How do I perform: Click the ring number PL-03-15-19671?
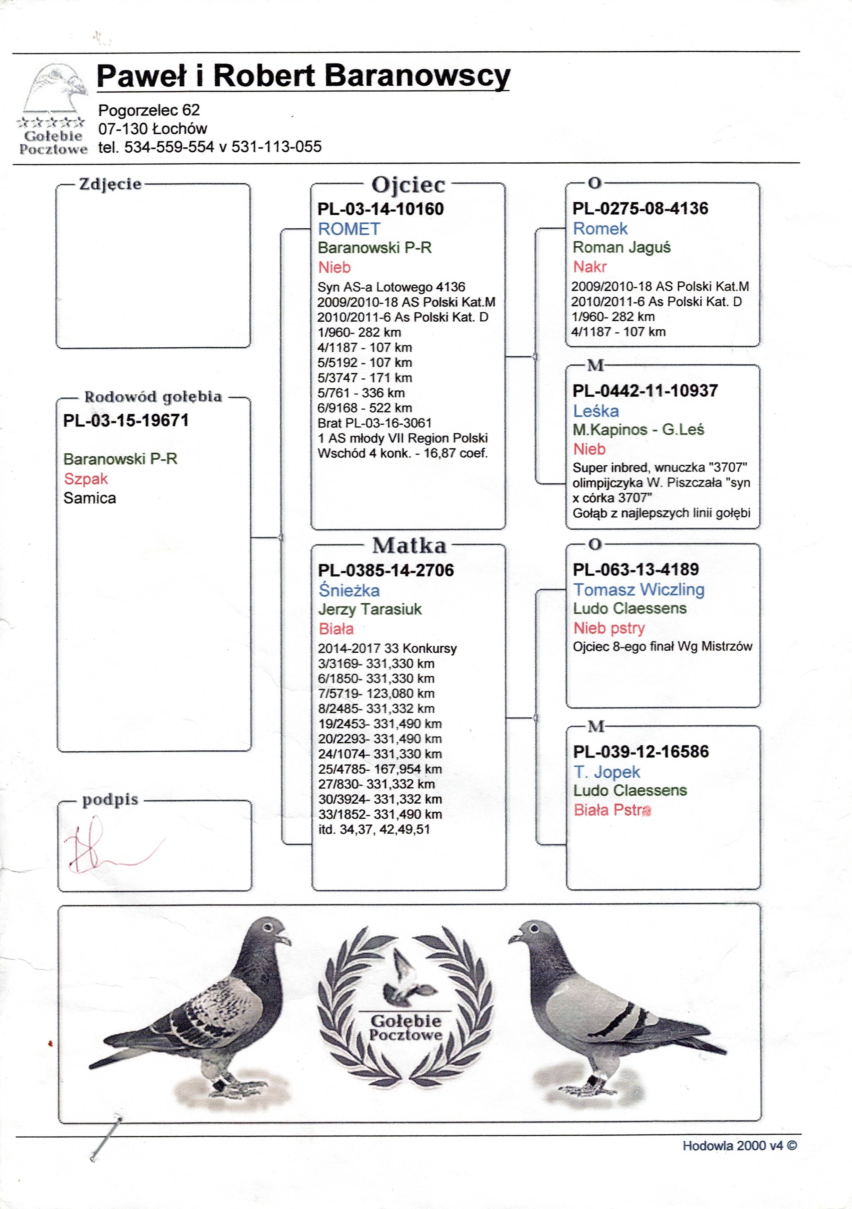pos(126,421)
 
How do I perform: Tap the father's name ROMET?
pos(349,229)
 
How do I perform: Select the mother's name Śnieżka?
pos(349,590)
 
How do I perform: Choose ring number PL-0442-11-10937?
pos(645,391)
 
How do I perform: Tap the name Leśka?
pos(596,411)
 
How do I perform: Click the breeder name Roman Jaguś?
pos(621,247)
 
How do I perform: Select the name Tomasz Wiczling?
pos(639,590)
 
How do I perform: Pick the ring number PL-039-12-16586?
pos(641,751)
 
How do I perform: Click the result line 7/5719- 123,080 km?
pos(376,693)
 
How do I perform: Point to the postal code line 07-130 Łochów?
pos(153,128)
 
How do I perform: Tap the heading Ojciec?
pos(408,185)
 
